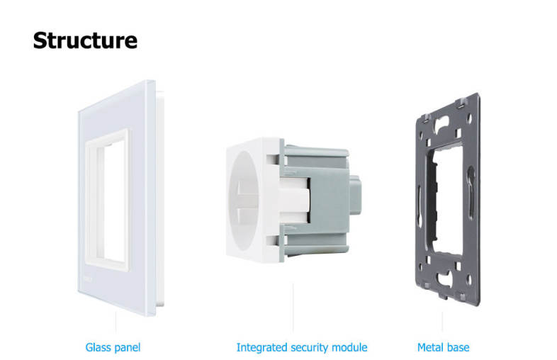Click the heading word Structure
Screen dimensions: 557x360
click(85, 40)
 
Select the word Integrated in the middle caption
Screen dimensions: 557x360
click(261, 347)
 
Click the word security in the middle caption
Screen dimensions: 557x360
click(310, 347)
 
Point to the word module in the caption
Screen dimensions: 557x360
click(349, 347)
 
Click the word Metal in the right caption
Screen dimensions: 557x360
click(429, 347)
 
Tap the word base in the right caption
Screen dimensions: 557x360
click(456, 347)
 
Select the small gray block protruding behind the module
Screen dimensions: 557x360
click(355, 195)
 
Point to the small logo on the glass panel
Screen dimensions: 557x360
click(87, 279)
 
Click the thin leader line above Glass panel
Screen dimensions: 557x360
click(116, 322)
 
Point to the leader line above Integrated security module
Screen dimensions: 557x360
click(293, 308)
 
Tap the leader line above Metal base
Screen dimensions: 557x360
click(442, 322)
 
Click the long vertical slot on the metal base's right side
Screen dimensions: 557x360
click(471, 192)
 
